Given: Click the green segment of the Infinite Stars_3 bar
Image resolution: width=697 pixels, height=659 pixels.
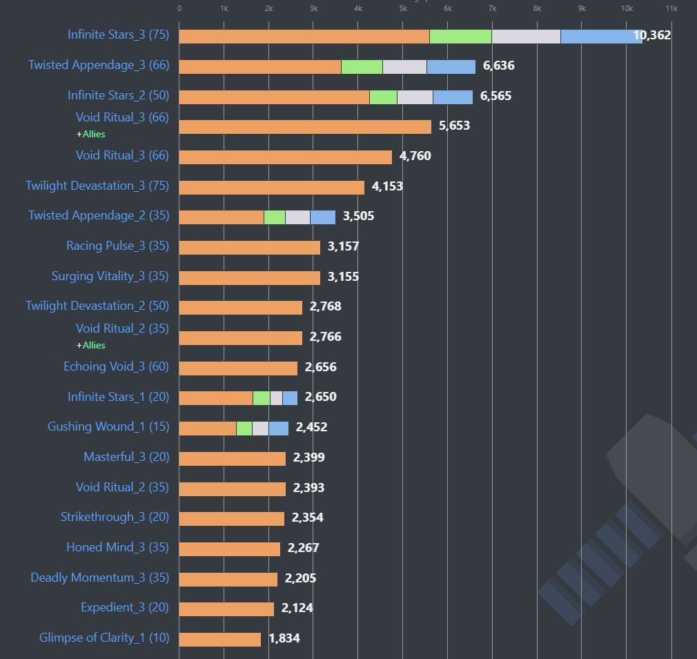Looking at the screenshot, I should pos(460,36).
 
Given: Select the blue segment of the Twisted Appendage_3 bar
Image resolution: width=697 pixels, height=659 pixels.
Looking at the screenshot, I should pos(451,66).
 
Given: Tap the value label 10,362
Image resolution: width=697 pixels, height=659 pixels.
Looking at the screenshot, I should pos(652,35).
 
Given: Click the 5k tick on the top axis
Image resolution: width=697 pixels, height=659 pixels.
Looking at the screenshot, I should pos(403,8).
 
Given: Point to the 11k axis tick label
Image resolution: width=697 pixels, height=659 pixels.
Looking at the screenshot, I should pos(671,8).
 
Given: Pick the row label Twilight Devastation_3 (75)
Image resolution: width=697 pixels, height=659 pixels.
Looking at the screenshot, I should pos(97,186).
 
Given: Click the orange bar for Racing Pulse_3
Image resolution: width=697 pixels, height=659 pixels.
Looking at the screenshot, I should pos(249,246).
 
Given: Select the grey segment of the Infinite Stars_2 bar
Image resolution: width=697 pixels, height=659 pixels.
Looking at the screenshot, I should pos(415,97).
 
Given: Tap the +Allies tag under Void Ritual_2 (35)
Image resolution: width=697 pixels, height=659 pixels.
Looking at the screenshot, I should pos(91,345).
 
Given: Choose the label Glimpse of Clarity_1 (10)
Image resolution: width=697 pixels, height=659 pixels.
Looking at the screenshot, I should pos(104,638).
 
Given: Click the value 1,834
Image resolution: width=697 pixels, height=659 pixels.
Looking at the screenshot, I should pos(284,638).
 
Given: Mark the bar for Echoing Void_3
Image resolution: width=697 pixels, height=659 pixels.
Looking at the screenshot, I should pos(238,368).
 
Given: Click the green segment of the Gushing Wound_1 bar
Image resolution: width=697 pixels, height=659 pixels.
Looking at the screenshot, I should pos(244,428).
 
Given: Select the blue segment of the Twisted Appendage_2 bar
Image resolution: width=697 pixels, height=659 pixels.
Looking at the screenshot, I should pos(322,217).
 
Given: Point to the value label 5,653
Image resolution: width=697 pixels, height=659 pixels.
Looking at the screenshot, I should pos(454,126).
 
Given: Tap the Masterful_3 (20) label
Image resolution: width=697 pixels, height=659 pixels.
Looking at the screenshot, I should pos(126,457).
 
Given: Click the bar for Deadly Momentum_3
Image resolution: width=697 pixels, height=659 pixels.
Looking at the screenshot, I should pos(228,579).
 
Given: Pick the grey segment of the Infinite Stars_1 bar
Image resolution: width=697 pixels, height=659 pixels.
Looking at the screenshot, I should pos(276,397).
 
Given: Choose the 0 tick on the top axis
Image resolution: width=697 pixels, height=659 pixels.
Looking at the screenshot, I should pos(179,8).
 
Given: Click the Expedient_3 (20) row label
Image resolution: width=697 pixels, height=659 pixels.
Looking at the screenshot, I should pos(125,607).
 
